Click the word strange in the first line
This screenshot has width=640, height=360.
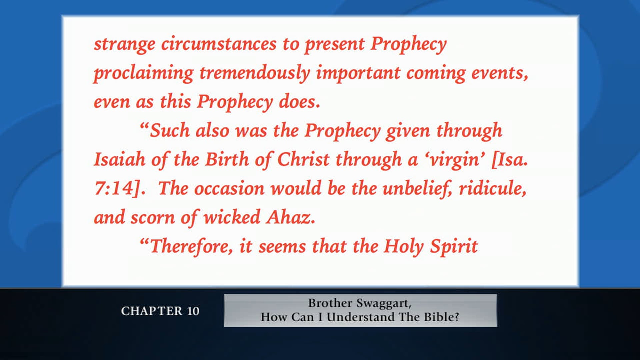pyautogui.click(x=124, y=44)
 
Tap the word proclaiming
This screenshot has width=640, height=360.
pyautogui.click(x=143, y=73)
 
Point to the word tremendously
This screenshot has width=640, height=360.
pyautogui.click(x=255, y=73)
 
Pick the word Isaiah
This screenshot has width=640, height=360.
pyautogui.click(x=119, y=159)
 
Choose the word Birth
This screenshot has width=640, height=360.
pyautogui.click(x=227, y=159)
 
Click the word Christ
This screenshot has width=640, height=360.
pyautogui.click(x=303, y=159)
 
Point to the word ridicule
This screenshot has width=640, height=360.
pyautogui.click(x=492, y=188)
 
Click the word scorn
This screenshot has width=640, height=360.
pyautogui.click(x=152, y=217)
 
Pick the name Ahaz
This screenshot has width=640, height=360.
pyautogui.click(x=290, y=217)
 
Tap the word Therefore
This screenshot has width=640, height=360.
pyautogui.click(x=190, y=247)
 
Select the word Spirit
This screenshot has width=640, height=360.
pyautogui.click(x=454, y=247)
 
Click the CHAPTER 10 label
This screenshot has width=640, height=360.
pyautogui.click(x=160, y=311)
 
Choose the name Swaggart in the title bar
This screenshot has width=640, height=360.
pyautogui.click(x=383, y=303)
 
